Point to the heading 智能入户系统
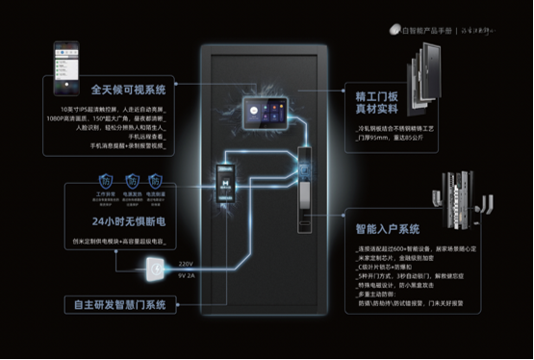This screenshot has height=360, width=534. [386, 230]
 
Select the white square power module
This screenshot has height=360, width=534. [152, 271]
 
